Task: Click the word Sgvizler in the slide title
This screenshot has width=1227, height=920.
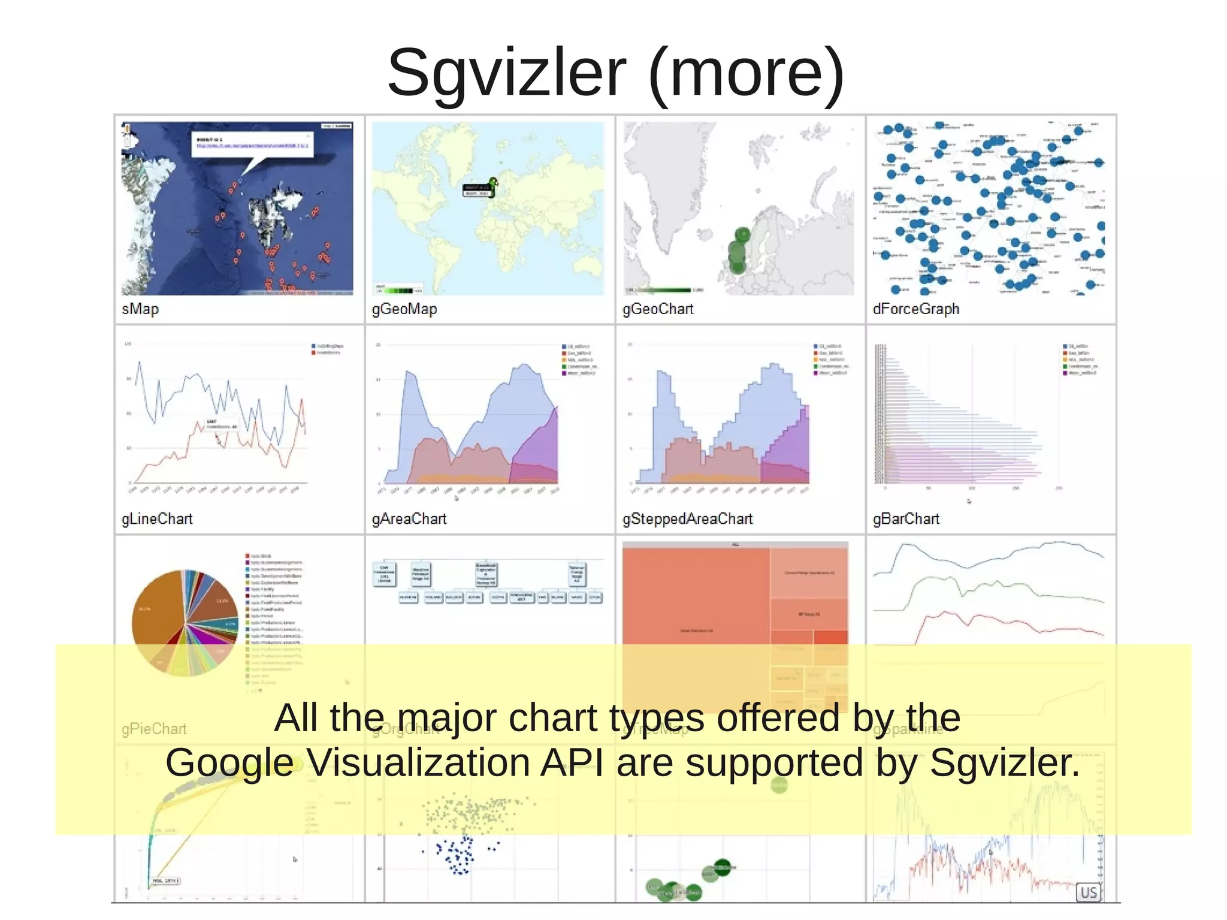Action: [507, 74]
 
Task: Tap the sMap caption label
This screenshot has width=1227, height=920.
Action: [140, 309]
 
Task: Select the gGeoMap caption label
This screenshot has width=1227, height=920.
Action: [404, 309]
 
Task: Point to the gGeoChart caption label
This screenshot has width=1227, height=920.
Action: [658, 309]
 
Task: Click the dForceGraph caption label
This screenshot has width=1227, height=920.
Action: [916, 309]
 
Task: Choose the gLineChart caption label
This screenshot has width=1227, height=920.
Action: [157, 519]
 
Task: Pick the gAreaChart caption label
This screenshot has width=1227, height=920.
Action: [409, 519]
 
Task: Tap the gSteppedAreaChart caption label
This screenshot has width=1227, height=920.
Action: [687, 519]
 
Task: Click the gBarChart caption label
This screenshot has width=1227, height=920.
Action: [906, 519]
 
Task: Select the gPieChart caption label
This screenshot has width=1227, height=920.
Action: [154, 729]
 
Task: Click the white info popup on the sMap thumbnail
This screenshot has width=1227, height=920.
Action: [252, 144]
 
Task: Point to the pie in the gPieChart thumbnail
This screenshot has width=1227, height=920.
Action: [185, 623]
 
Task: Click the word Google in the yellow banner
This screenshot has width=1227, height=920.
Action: [230, 763]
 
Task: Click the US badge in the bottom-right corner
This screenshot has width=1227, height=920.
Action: [1089, 892]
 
